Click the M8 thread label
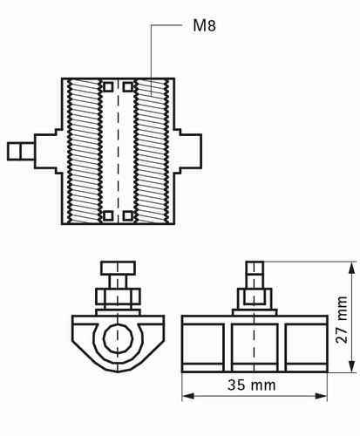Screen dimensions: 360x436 coord(205,25)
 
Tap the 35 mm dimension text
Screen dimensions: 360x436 coord(252,385)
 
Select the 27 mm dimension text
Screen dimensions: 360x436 coord(342,320)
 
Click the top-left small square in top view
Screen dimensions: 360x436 coord(108,87)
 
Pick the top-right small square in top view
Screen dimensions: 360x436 coord(128,87)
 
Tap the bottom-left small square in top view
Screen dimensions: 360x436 coord(108,215)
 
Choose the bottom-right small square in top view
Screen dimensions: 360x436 coord(128,215)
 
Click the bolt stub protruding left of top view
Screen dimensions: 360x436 coord(21,151)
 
